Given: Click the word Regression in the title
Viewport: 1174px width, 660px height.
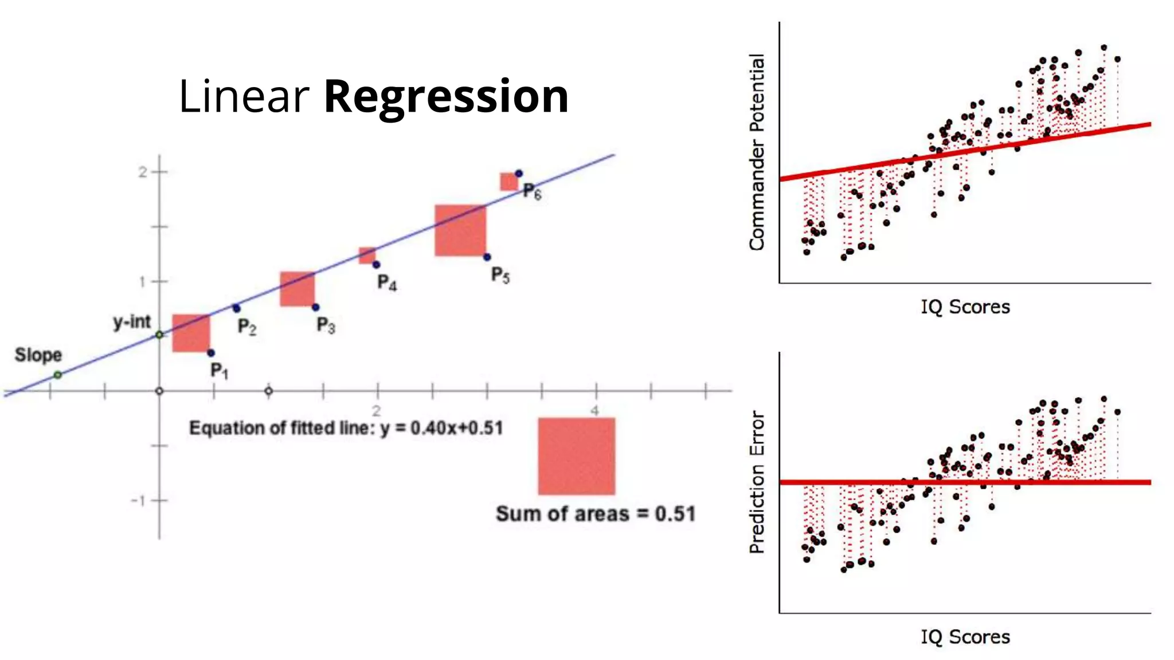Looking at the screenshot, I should click(x=446, y=96).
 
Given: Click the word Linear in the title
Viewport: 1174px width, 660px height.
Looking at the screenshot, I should click(x=244, y=96).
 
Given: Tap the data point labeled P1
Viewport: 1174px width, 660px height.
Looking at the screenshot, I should click(x=211, y=353).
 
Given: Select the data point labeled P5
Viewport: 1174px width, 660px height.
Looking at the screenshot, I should click(x=487, y=257).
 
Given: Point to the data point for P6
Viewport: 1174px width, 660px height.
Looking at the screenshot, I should click(x=519, y=174).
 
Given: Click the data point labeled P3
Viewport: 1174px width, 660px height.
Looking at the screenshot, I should click(x=316, y=308).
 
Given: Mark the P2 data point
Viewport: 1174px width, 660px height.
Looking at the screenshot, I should click(x=236, y=308).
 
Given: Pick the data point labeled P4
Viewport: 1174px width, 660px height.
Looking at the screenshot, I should click(x=376, y=265).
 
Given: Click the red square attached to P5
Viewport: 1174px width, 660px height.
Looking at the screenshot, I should click(x=460, y=230).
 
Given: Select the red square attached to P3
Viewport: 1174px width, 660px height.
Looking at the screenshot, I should click(x=297, y=289).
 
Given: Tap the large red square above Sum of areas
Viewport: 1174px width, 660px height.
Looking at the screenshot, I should click(x=577, y=456).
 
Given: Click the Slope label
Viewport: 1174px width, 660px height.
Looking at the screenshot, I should click(x=38, y=355).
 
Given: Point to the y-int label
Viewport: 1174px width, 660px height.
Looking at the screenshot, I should click(x=132, y=322).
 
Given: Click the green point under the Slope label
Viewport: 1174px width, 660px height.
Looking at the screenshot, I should click(x=58, y=375).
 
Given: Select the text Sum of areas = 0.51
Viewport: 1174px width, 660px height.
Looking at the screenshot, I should click(x=596, y=514).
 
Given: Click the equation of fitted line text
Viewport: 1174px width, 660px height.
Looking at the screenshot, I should click(x=346, y=429).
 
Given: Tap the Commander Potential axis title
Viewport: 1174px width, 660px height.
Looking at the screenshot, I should click(x=757, y=152).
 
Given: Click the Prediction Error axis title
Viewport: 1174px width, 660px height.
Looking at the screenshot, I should click(x=757, y=482).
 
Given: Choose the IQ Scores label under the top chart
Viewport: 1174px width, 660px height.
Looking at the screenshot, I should click(x=965, y=307).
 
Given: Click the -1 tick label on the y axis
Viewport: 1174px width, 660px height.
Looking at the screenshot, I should click(x=138, y=501).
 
